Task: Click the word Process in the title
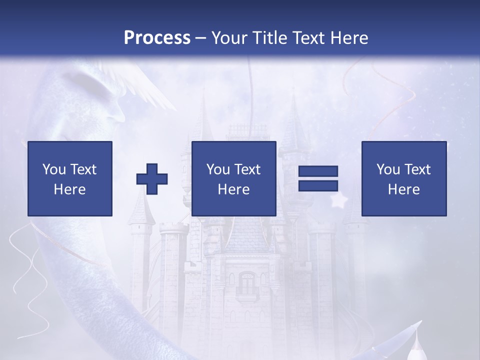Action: pyautogui.click(x=157, y=38)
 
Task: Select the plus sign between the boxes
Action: pyautogui.click(x=152, y=178)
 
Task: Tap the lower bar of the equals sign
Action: pyautogui.click(x=318, y=186)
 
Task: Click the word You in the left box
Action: pyautogui.click(x=53, y=169)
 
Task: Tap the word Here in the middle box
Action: pyautogui.click(x=234, y=189)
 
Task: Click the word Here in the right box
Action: pyautogui.click(x=404, y=189)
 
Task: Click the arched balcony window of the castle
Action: pyautogui.click(x=247, y=283)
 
